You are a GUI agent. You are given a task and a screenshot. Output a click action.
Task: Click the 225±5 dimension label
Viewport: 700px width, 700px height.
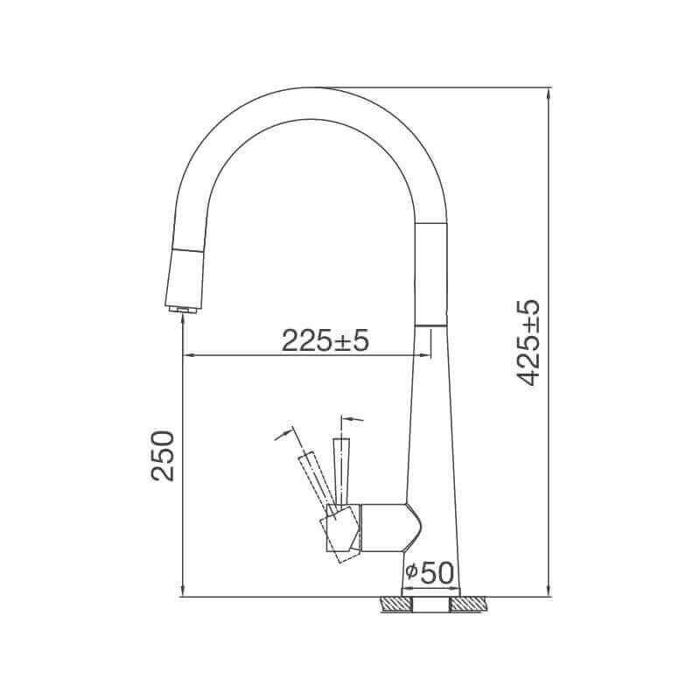[325, 340]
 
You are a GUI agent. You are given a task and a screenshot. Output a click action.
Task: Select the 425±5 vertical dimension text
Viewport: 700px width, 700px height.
[528, 342]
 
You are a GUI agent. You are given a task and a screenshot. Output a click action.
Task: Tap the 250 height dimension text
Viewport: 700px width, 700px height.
[163, 455]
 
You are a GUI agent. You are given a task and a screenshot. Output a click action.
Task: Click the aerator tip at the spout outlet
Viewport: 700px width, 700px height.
[182, 310]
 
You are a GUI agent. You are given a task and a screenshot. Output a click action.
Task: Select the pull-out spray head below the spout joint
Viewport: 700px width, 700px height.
[185, 278]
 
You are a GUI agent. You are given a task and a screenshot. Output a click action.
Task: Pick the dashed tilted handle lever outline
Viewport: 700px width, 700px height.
[317, 484]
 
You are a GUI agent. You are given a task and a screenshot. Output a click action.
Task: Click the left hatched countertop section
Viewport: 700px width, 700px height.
[395, 605]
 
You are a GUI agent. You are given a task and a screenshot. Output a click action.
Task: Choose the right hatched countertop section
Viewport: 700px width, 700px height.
[468, 605]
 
